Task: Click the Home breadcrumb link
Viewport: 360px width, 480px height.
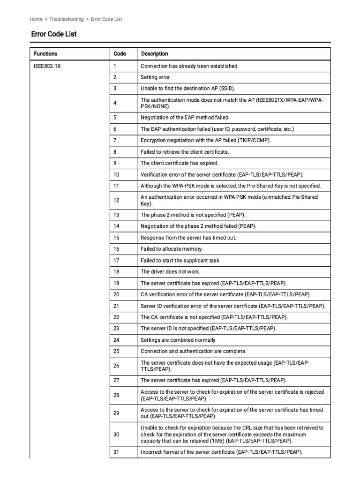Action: point(36,19)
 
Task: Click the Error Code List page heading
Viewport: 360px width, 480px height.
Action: point(54,34)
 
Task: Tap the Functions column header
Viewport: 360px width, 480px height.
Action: point(46,54)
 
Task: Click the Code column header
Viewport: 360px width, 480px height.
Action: point(120,54)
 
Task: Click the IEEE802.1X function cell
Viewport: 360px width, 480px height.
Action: point(47,66)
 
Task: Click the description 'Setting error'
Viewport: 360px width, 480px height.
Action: point(155,77)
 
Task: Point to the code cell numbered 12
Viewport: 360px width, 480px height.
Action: point(116,200)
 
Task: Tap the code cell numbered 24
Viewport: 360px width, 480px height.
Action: point(116,340)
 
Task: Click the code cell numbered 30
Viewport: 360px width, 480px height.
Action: point(116,435)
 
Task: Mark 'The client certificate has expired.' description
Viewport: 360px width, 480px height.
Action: point(180,163)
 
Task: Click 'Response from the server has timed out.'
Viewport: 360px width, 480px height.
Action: point(188,238)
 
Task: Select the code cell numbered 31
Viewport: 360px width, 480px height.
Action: point(116,452)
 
